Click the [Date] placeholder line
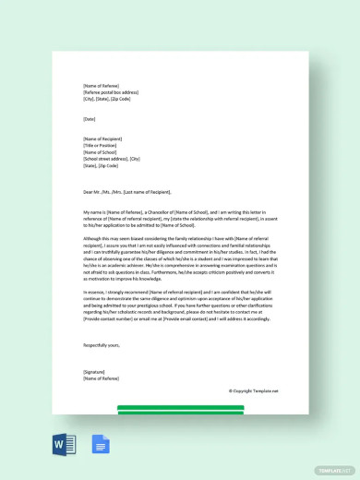tap(89, 119)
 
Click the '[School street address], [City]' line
tap(111, 158)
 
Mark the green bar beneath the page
tap(180, 407)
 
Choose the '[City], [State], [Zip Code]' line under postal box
tap(107, 99)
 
